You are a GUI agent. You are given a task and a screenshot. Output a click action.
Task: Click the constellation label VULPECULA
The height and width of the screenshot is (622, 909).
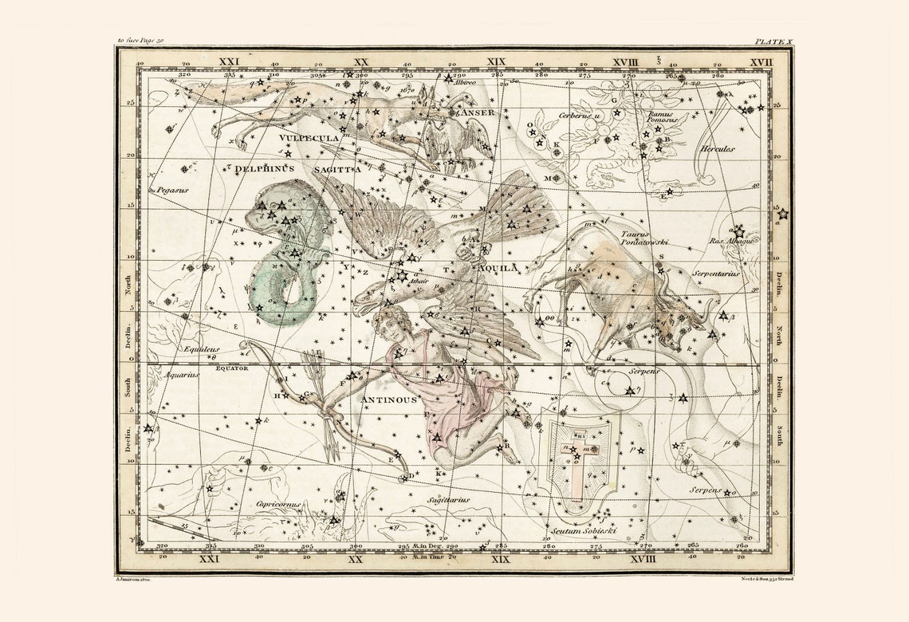click(x=309, y=137)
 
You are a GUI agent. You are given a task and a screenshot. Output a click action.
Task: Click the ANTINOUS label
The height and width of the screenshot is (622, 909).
click(x=389, y=400)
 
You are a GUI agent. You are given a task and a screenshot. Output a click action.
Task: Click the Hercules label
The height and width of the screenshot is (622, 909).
click(x=717, y=148)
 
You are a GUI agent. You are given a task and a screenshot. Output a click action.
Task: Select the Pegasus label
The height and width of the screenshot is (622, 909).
click(x=167, y=191)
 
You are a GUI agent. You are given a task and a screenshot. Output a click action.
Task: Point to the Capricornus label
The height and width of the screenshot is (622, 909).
click(x=279, y=504)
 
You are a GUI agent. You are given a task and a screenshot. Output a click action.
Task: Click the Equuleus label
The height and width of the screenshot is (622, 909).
click(x=200, y=349)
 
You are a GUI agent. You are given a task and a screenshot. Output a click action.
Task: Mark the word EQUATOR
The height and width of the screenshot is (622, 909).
click(x=232, y=368)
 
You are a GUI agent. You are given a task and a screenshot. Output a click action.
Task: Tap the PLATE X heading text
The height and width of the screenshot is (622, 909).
click(x=773, y=40)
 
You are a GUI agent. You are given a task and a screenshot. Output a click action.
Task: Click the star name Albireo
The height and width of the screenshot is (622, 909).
click(x=464, y=82)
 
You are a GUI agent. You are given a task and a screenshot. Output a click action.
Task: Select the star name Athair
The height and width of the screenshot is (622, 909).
click(x=419, y=281)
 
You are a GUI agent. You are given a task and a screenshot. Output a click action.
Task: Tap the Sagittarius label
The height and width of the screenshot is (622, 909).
click(x=448, y=500)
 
